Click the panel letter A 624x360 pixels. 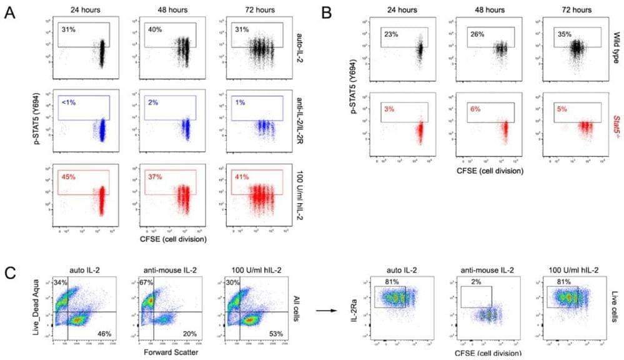pos(11,12)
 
